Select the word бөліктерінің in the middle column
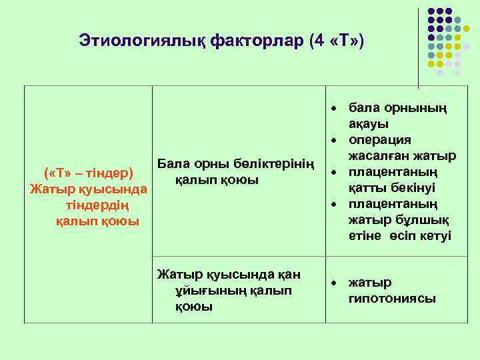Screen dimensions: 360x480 pos(274,164)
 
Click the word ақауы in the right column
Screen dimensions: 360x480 pos(369,124)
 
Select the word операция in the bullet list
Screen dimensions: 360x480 pos(379,140)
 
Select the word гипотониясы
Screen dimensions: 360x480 pos(393,299)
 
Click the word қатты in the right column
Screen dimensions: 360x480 pos(367,188)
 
